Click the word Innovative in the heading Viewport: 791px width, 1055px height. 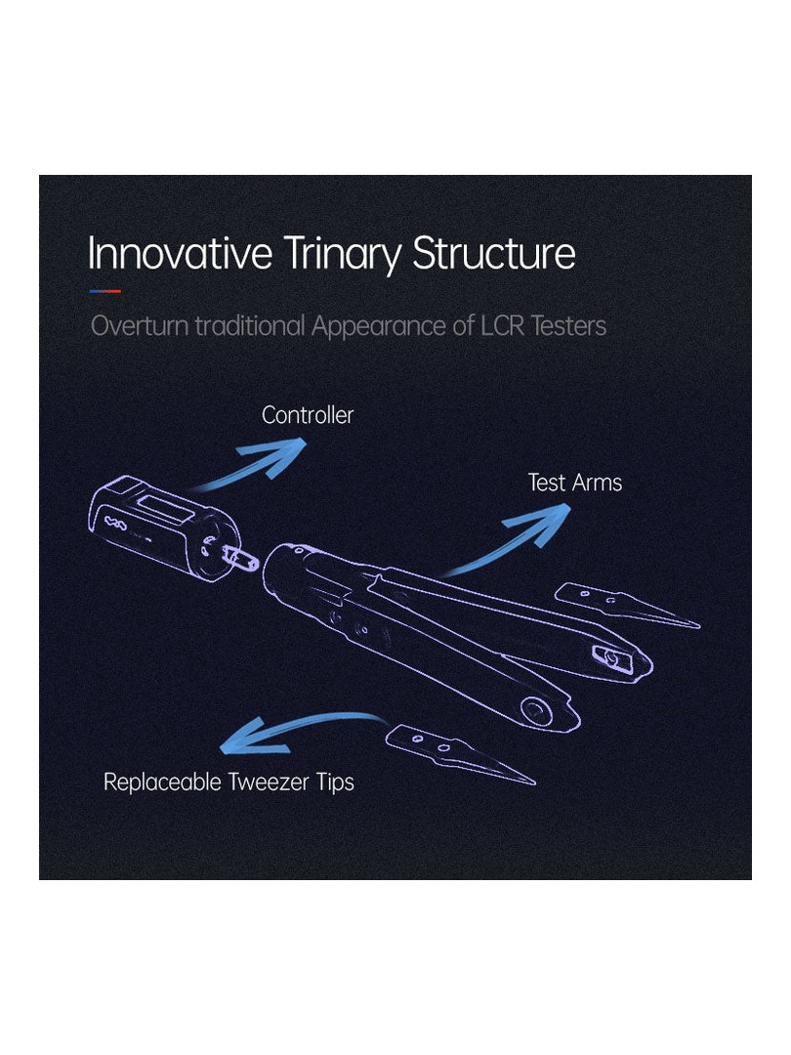[x=180, y=253]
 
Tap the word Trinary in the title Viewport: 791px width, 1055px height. [x=342, y=255]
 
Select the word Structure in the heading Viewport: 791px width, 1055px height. [x=494, y=253]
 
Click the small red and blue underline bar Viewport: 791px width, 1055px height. [x=104, y=291]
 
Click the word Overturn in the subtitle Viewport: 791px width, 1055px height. [x=140, y=325]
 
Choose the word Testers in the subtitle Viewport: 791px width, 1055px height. [x=568, y=325]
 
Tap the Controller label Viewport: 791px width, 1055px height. [x=308, y=415]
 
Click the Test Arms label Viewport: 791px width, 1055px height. [x=575, y=483]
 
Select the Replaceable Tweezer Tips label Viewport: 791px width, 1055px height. [x=229, y=781]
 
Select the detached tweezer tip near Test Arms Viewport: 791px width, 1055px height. [x=627, y=605]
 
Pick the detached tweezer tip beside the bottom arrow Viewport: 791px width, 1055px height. [x=459, y=753]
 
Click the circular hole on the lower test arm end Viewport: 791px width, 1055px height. [x=536, y=710]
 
